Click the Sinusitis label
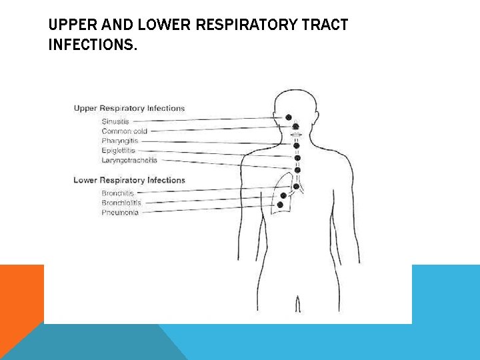pyautogui.click(x=115, y=121)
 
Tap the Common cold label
pyautogui.click(x=125, y=131)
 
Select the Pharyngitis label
pyautogui.click(x=119, y=141)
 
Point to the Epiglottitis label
pyautogui.click(x=119, y=151)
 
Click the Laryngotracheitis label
pyautogui.click(x=129, y=161)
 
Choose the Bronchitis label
pyautogui.click(x=117, y=193)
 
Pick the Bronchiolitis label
pyautogui.click(x=121, y=203)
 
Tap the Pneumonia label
pyautogui.click(x=120, y=213)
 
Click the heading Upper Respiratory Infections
pyautogui.click(x=129, y=108)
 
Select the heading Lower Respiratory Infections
pyautogui.click(x=129, y=180)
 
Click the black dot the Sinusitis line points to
pyautogui.click(x=289, y=117)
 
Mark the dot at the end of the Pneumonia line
pyautogui.click(x=280, y=205)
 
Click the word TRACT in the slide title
pyautogui.click(x=327, y=26)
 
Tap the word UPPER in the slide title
pyautogui.click(x=69, y=26)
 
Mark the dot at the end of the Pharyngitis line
pyautogui.click(x=297, y=145)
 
